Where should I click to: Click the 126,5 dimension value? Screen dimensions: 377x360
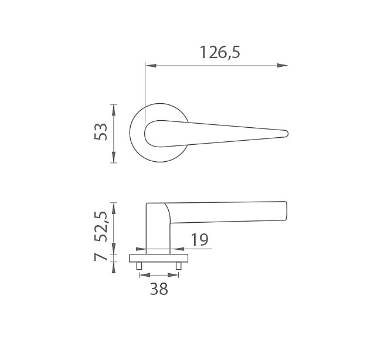(x=220, y=52)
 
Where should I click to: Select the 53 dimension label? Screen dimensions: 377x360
(x=101, y=131)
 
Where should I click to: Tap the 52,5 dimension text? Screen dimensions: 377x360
(x=101, y=226)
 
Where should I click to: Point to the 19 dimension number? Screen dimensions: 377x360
(x=199, y=240)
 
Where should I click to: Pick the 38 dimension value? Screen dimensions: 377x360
(x=159, y=288)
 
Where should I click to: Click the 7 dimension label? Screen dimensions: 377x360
(x=101, y=257)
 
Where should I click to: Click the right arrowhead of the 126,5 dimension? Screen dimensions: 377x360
(x=282, y=66)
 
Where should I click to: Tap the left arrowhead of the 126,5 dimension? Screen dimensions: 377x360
(x=151, y=66)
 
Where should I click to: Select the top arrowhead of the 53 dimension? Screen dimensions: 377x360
(x=114, y=110)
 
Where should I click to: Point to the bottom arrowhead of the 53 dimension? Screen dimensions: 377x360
(x=114, y=157)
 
